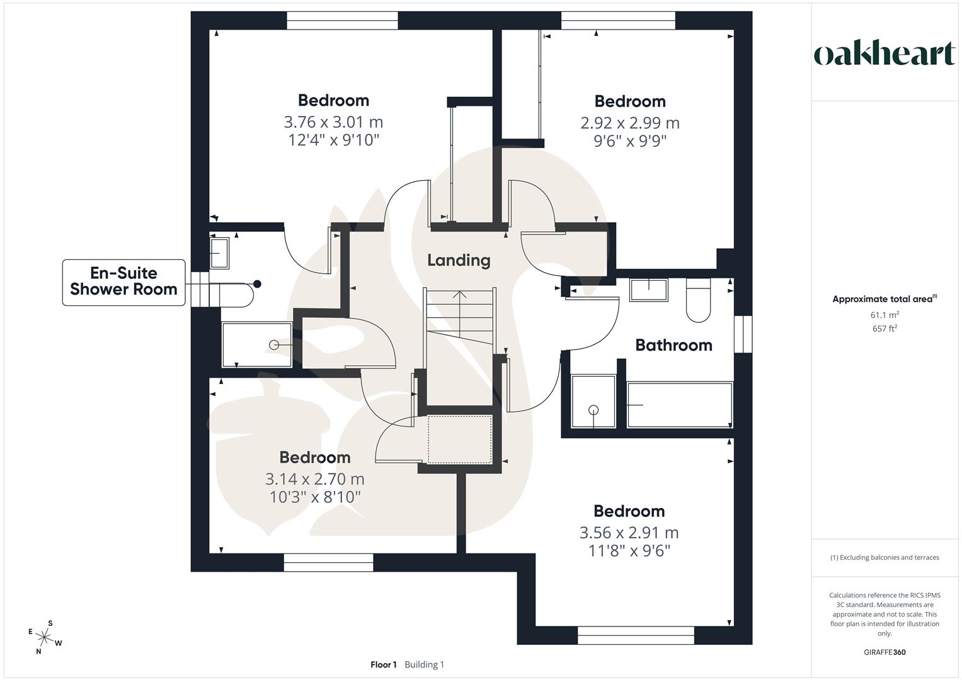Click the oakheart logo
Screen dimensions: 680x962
coord(884,54)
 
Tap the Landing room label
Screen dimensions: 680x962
coord(459,260)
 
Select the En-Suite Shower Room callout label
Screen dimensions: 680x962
coord(123,282)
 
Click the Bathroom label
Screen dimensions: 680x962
coord(673,345)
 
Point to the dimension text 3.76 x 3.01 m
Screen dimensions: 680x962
coord(333,122)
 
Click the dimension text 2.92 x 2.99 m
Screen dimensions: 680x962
coord(630,123)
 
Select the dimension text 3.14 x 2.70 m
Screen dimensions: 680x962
coord(315,479)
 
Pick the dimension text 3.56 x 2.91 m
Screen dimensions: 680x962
coord(629,533)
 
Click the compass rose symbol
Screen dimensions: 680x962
coord(44,638)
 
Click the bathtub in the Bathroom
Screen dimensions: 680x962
coord(679,405)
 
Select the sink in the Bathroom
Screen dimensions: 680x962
coord(649,290)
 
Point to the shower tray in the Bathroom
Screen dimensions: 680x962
coord(593,401)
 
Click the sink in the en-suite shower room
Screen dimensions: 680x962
coord(219,253)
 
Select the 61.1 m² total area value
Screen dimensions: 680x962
coord(885,315)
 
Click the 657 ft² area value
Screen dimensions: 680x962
coord(885,329)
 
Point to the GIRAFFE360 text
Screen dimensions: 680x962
coord(885,652)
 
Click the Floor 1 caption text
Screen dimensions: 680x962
coord(384,665)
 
